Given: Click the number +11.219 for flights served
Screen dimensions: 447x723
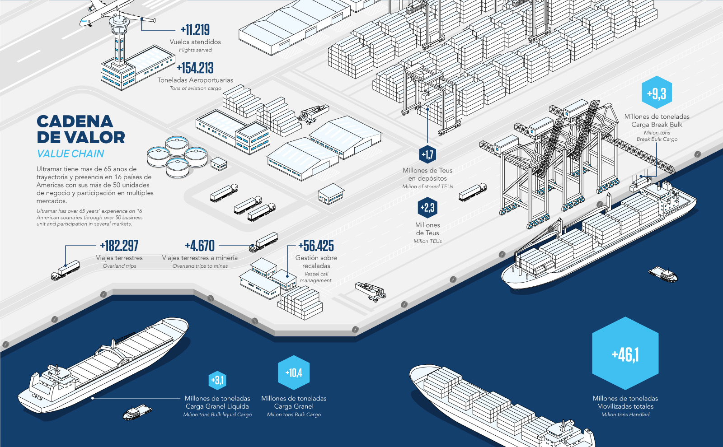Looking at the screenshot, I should [x=195, y=30].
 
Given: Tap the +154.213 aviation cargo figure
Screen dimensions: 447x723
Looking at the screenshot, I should [x=195, y=68].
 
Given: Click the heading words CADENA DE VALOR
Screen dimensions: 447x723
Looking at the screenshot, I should [x=81, y=129].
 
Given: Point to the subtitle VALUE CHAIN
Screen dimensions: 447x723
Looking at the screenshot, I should [x=70, y=154].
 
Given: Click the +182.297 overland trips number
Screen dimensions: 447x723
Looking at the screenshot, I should [x=119, y=246].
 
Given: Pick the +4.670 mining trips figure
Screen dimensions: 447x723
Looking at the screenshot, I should [x=200, y=246].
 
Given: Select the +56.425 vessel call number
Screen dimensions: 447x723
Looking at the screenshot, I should [x=316, y=246].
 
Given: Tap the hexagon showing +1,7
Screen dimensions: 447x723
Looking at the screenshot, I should [x=427, y=155].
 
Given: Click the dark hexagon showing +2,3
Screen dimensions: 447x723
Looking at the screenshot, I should [x=427, y=208].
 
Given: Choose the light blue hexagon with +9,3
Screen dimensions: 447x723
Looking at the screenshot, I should [x=657, y=94].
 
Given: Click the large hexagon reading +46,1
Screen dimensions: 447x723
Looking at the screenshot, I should [x=625, y=354].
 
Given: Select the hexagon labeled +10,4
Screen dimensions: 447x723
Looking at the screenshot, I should [x=294, y=372].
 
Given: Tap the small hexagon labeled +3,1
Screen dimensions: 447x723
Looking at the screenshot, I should [x=217, y=380].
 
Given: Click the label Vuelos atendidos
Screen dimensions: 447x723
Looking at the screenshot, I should [x=195, y=42].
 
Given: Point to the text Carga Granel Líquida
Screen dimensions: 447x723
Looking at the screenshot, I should [x=217, y=406].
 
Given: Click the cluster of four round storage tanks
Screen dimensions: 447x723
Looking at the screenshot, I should [x=177, y=156].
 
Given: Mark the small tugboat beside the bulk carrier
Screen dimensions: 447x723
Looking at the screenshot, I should [x=137, y=412].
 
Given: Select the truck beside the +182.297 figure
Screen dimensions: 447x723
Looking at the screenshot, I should [x=66, y=270].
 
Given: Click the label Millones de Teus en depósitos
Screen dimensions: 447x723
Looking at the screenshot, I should [x=427, y=174].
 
